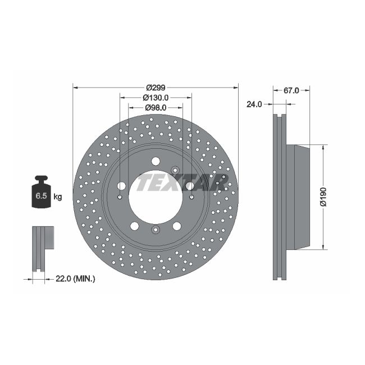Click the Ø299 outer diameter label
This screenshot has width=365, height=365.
click(156, 88)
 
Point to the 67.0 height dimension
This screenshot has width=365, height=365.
click(291, 90)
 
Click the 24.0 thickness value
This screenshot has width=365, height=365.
click(255, 104)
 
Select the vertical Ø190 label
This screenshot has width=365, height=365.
click(323, 197)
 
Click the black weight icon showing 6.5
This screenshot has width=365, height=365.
click(42, 194)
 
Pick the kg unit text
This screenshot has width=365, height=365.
click(57, 197)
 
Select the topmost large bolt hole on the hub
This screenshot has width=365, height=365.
click(156, 162)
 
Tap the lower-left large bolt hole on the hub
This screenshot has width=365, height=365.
click(135, 226)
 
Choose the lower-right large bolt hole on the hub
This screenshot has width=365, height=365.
click(177, 226)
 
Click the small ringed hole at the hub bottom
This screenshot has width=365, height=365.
click(156, 230)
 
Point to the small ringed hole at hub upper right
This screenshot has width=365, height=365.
click(175, 170)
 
